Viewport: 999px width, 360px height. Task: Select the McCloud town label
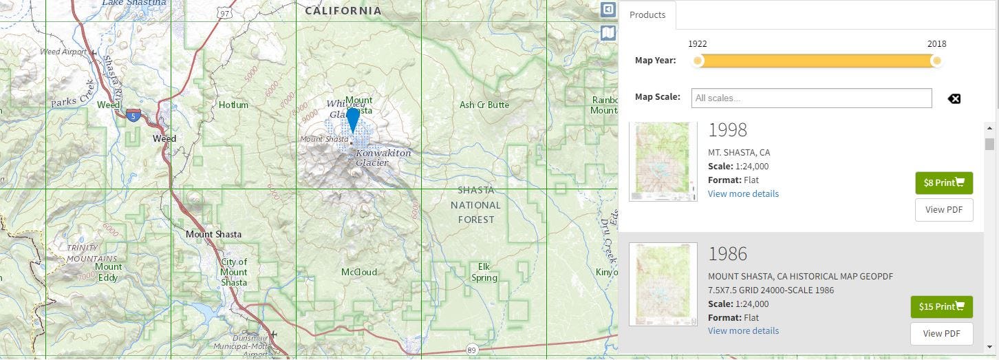[x=359, y=272]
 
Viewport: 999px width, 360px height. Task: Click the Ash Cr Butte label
[x=484, y=105]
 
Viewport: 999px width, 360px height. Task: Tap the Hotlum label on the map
[x=233, y=105]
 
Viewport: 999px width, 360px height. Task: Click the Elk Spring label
[x=484, y=272]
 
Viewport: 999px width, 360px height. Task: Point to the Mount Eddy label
[x=108, y=272]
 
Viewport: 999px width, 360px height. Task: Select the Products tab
[x=647, y=14]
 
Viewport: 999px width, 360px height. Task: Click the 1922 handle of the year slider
[x=698, y=61]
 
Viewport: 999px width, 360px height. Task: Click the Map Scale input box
[x=811, y=98]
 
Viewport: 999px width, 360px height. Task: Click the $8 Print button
[x=943, y=182]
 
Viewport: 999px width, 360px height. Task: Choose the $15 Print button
[x=941, y=306]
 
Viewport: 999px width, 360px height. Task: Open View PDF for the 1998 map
[x=943, y=209]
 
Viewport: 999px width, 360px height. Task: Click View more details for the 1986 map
[x=743, y=330]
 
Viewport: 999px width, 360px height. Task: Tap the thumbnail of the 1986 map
[x=663, y=284]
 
